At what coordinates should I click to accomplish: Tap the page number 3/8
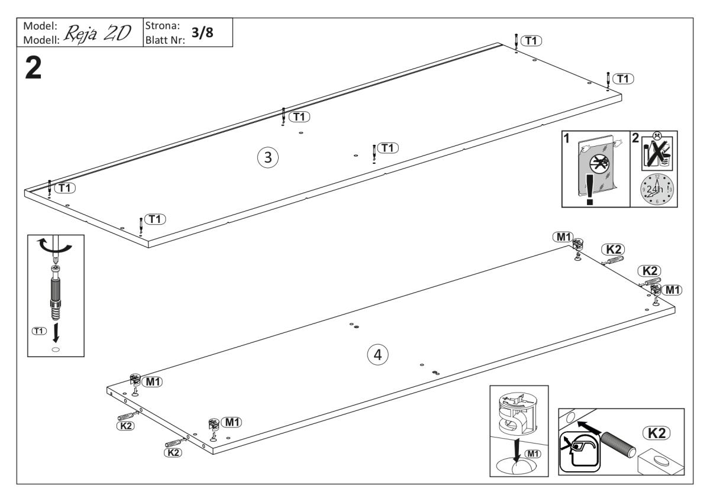[202, 34]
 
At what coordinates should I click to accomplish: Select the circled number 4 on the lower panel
[378, 355]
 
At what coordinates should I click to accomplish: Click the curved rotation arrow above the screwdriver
[54, 247]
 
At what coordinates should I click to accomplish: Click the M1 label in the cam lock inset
[534, 454]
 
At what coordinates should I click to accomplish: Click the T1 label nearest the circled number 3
[301, 116]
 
